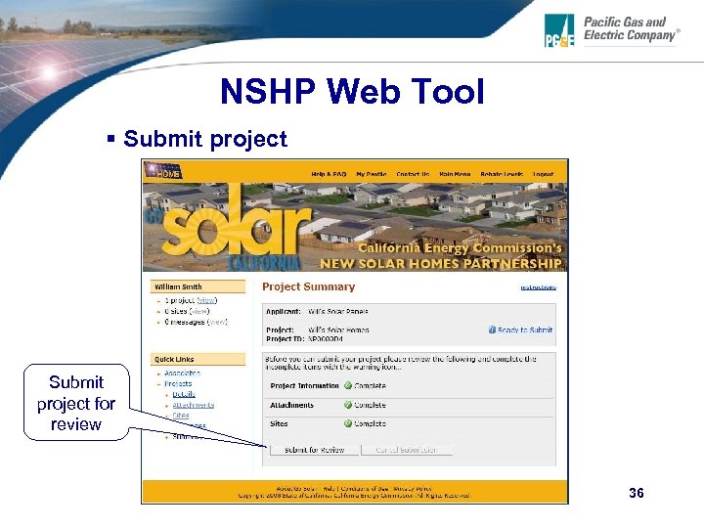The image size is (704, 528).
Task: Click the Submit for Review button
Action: (x=313, y=450)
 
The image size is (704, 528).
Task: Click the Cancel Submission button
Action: (x=407, y=450)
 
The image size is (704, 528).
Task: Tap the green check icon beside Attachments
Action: (x=348, y=405)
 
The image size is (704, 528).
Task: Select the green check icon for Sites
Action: (x=348, y=424)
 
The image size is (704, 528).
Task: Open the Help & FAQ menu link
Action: (x=329, y=175)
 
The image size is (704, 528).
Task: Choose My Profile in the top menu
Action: (x=372, y=175)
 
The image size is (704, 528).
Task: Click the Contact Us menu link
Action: (x=413, y=175)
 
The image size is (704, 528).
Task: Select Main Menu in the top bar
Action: (x=455, y=175)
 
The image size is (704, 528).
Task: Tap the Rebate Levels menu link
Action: (x=501, y=175)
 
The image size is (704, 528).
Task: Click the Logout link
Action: (x=543, y=175)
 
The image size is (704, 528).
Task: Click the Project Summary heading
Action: (x=308, y=286)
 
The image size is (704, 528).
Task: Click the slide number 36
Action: (x=637, y=494)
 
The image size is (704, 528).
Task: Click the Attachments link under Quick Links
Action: (x=193, y=405)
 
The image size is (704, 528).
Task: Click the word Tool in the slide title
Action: (x=441, y=92)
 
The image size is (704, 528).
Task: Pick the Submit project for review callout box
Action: (x=75, y=403)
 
